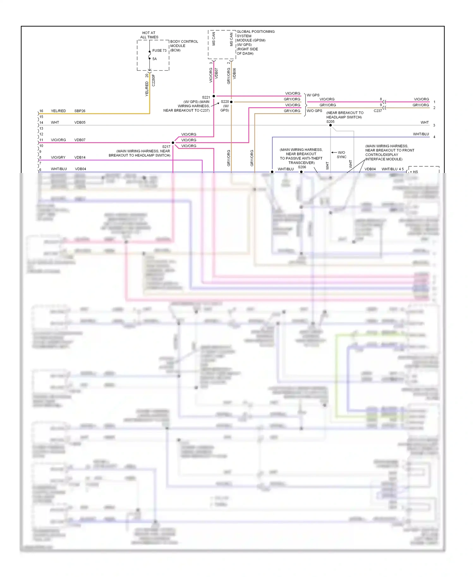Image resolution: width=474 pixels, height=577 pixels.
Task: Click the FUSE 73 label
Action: [159, 51]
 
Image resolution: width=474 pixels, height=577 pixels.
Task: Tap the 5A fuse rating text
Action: [155, 59]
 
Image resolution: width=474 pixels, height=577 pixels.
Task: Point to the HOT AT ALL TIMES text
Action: [149, 35]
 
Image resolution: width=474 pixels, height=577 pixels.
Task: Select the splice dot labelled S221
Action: [214, 96]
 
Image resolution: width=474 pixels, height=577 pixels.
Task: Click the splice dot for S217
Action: [173, 143]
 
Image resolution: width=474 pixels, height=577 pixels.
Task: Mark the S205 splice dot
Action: [331, 125]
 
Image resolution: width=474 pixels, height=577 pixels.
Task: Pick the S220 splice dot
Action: [231, 102]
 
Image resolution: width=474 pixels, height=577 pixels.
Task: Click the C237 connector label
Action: [378, 111]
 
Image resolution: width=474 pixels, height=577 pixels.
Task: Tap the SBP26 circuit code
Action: [80, 111]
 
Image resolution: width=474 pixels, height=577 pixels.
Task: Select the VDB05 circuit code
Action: [80, 122]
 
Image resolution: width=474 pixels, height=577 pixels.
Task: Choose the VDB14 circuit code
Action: [80, 157]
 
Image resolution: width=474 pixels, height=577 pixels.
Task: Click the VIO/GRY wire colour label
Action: [58, 157]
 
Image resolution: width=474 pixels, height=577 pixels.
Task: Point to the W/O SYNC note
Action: [342, 155]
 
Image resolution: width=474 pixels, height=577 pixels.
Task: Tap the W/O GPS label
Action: [314, 111]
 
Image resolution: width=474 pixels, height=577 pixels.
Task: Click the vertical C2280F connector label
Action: [154, 80]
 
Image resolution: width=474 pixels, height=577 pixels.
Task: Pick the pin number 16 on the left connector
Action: [41, 111]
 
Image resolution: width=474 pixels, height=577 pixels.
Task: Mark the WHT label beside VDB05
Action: [55, 122]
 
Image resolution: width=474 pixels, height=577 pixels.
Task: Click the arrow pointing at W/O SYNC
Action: [334, 152]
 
